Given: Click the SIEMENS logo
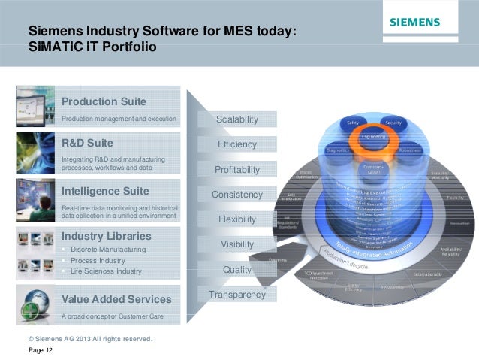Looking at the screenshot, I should coord(414,23).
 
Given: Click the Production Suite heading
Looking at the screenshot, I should coord(104,101).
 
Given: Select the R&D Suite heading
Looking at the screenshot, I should coord(87,143).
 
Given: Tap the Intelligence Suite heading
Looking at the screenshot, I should coord(105,190).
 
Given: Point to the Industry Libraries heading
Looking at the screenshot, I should coord(106,236).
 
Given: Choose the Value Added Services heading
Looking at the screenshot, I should coord(116,299).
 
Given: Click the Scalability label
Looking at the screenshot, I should coord(236,119).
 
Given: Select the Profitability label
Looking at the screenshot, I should coord(236,170).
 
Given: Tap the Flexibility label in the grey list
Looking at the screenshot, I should coord(236,219).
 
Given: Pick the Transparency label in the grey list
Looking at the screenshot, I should coord(236,295).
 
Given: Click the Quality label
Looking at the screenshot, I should coord(236,269).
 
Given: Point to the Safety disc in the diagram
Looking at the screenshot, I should coord(351,123).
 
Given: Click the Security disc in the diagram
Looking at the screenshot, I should coord(393,123).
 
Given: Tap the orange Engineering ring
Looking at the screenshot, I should coord(372,137).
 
